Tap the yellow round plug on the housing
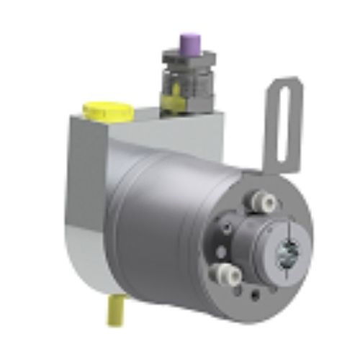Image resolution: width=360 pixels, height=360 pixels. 107,111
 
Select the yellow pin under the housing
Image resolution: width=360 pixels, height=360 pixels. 116,310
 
